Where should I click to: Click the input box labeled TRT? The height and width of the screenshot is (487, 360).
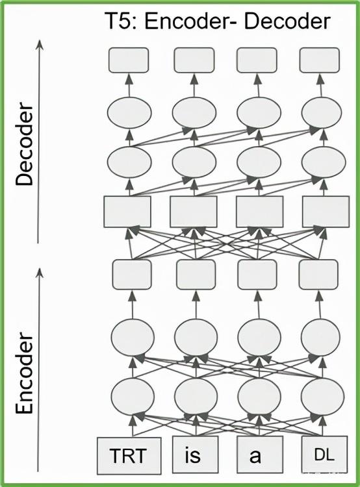click(x=129, y=456)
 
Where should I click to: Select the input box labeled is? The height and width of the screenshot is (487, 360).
click(x=195, y=454)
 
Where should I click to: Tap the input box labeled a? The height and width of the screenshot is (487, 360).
click(x=260, y=454)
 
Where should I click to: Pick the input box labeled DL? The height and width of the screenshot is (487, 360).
click(x=324, y=454)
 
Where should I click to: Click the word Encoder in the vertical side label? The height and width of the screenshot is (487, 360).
click(x=24, y=373)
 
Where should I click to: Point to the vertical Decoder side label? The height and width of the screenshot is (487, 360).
click(x=24, y=145)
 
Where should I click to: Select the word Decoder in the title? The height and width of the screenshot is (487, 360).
click(x=287, y=21)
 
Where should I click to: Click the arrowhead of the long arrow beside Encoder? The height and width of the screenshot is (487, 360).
click(x=39, y=273)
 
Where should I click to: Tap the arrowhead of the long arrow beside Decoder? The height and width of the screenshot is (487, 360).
click(x=39, y=45)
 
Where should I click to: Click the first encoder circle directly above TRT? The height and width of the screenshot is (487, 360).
click(x=133, y=396)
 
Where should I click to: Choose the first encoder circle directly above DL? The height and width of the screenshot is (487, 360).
click(x=322, y=396)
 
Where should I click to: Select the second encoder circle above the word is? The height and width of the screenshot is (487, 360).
click(x=196, y=336)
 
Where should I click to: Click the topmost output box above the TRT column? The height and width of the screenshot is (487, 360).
click(x=129, y=60)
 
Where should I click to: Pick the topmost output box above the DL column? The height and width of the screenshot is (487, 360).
click(x=320, y=60)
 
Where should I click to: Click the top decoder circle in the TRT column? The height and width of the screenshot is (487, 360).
click(x=129, y=112)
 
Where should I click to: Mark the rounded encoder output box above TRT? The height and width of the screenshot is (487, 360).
click(x=132, y=275)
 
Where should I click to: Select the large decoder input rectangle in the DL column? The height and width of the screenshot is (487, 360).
click(x=326, y=212)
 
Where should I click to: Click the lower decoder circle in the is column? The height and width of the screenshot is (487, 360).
click(x=194, y=162)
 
